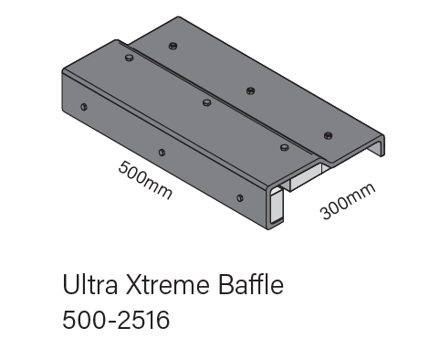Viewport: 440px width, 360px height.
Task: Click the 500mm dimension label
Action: [145, 180]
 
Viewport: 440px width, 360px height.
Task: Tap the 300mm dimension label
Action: [348, 201]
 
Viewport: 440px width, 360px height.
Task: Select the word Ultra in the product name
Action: [90, 285]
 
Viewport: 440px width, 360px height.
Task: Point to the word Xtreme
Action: [168, 285]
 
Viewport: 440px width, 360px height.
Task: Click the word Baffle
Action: [251, 284]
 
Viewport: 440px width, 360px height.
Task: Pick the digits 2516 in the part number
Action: [144, 320]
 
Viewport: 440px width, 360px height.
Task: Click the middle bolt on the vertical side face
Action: [162, 153]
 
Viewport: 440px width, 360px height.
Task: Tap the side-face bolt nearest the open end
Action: [240, 198]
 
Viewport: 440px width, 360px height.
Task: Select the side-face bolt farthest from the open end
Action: [84, 107]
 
